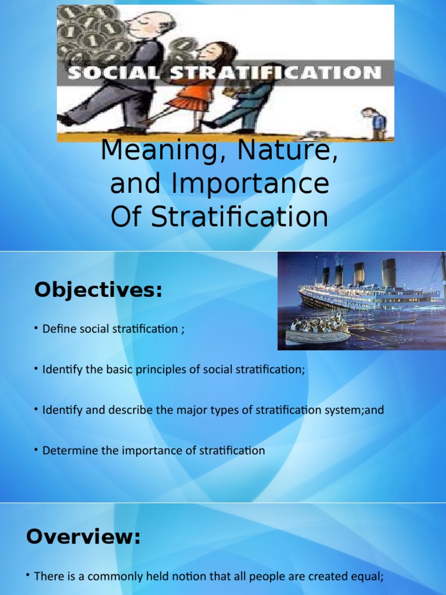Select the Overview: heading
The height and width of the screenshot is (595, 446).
tap(84, 537)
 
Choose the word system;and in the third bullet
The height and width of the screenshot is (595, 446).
tap(355, 410)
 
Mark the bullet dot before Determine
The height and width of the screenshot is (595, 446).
tap(37, 450)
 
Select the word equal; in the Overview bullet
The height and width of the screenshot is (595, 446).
tap(370, 576)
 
